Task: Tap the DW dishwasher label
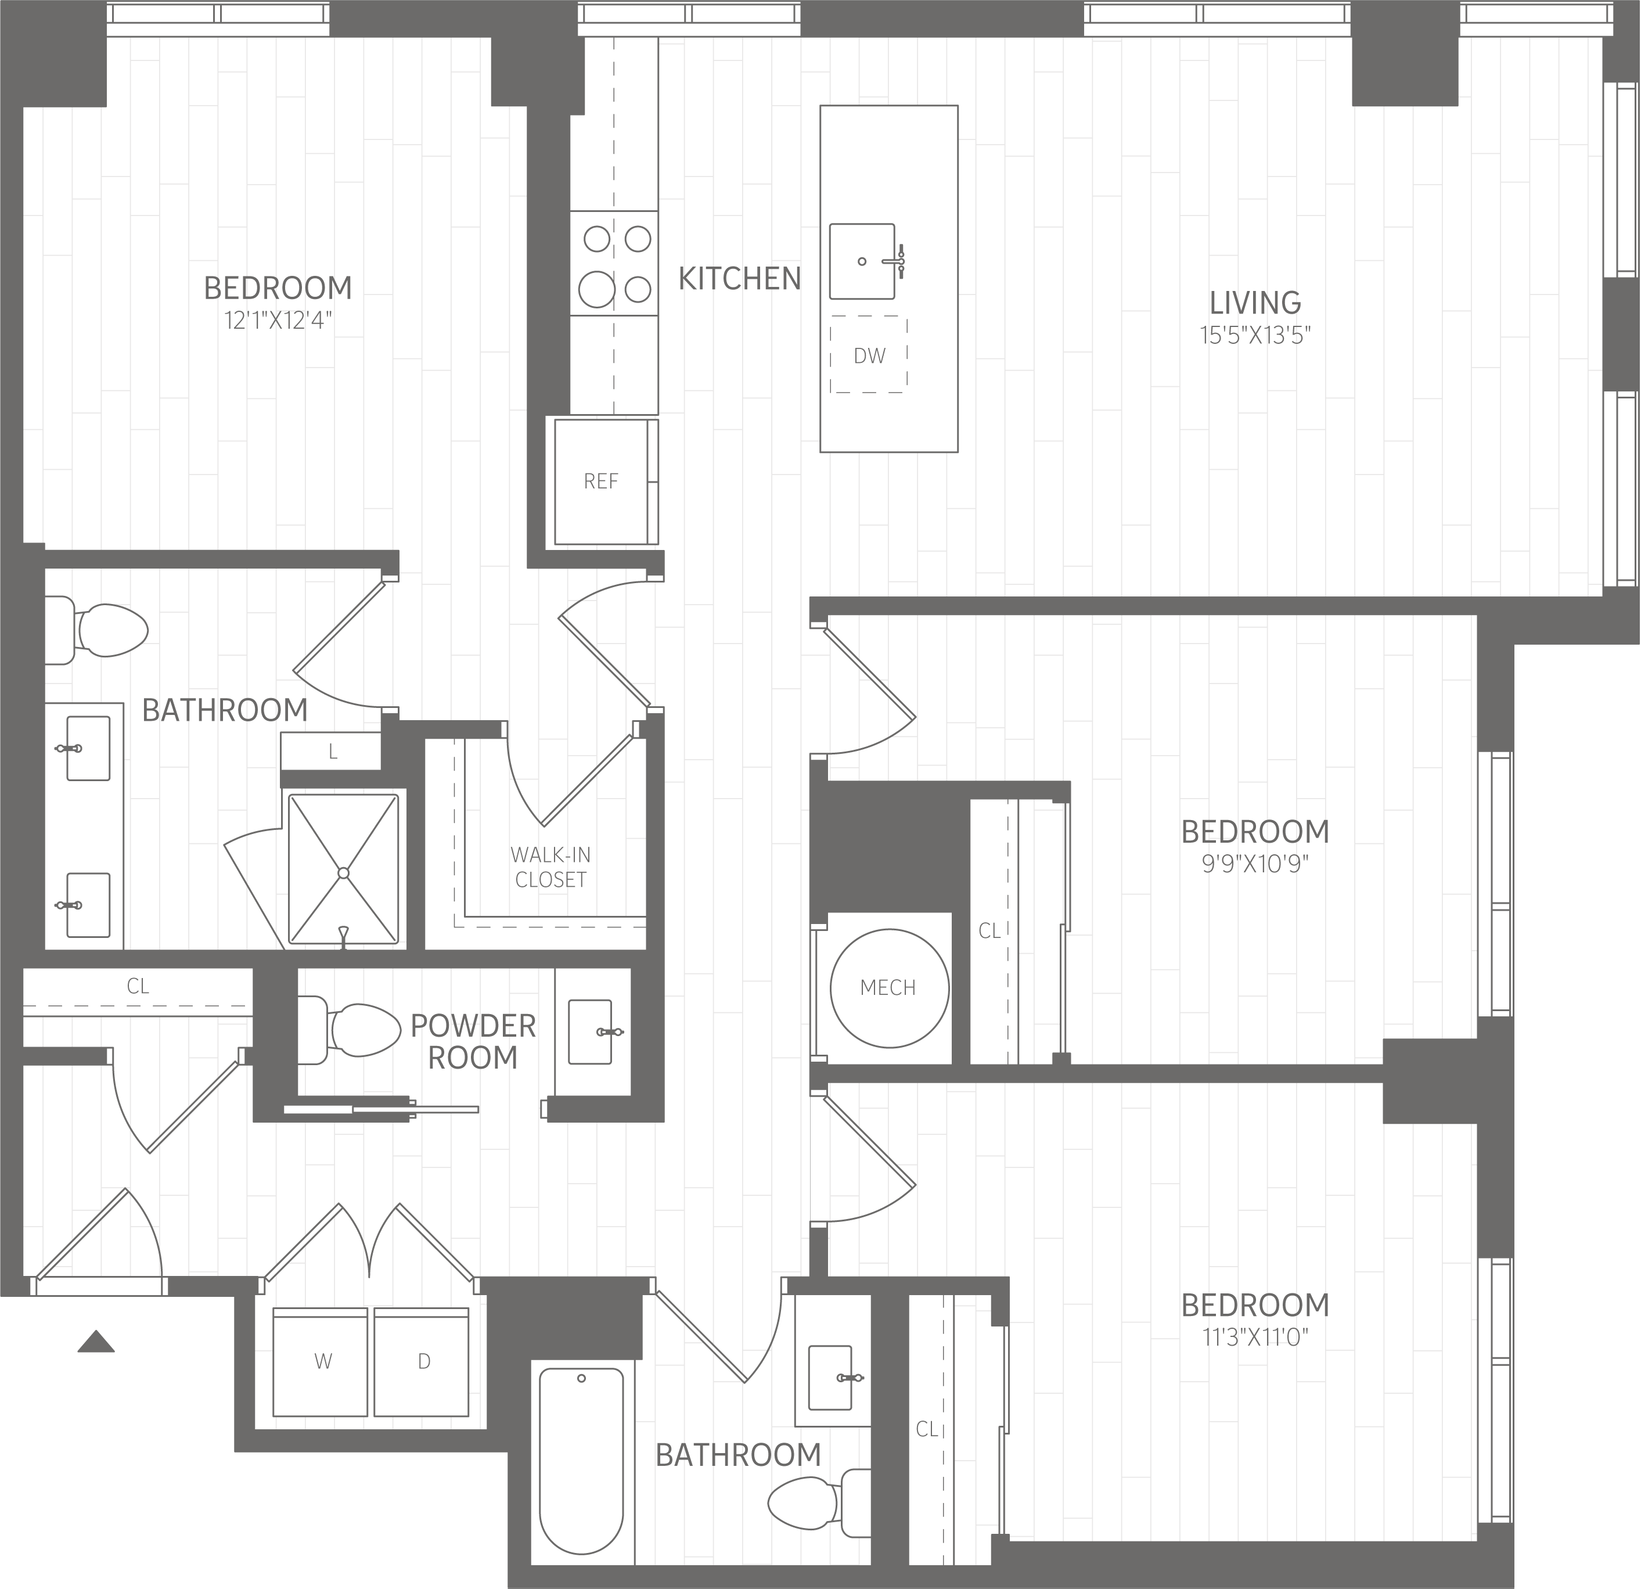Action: [869, 356]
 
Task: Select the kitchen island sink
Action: [862, 261]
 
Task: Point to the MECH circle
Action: [889, 988]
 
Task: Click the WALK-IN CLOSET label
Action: [551, 867]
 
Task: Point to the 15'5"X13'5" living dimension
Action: [1255, 336]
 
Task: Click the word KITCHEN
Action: [739, 279]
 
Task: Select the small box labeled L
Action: [331, 751]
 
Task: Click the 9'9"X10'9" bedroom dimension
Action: [1255, 864]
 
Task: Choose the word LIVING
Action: [1255, 302]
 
